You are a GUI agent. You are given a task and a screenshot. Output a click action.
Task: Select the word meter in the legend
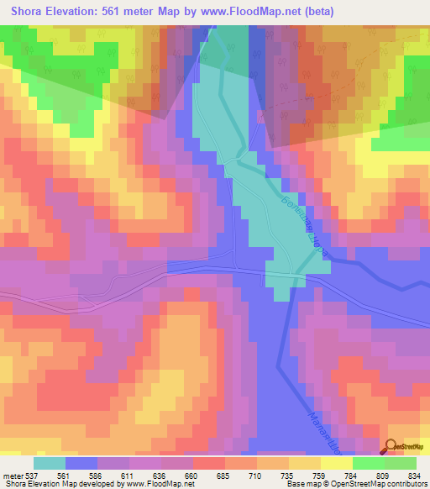click(x=13, y=475)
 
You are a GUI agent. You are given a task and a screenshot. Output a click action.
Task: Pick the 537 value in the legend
click(x=33, y=475)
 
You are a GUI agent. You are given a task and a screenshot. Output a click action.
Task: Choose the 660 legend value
click(x=192, y=475)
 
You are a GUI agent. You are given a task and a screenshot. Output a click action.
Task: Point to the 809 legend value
click(x=383, y=475)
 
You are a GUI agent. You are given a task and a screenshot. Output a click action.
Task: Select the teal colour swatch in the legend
click(x=50, y=463)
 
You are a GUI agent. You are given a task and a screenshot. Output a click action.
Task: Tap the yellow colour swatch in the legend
click(x=336, y=463)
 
